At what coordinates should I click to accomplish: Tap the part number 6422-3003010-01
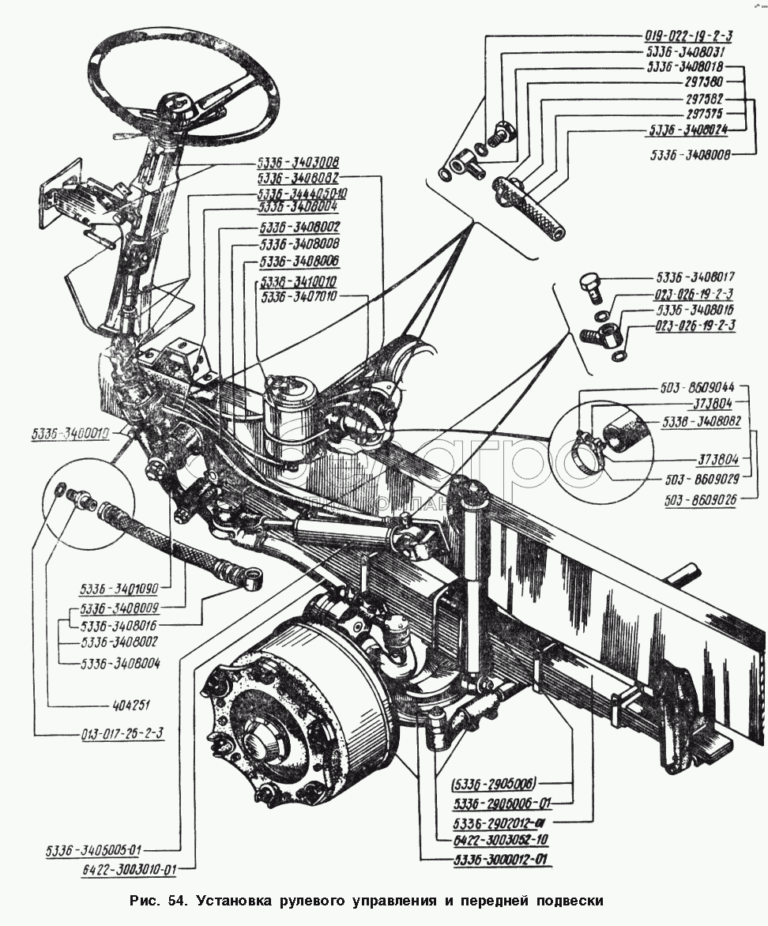(130, 869)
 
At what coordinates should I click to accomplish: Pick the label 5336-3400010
(70, 433)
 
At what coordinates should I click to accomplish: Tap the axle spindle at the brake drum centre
(264, 743)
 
